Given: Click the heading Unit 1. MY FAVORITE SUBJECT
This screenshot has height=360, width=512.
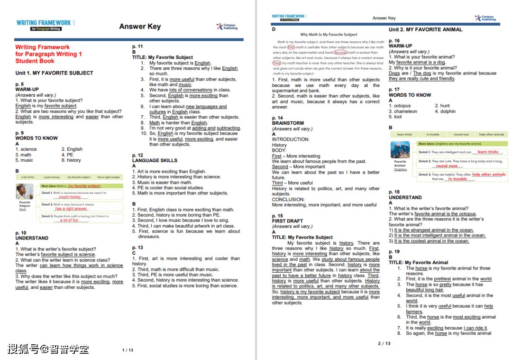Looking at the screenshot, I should tap(54, 73).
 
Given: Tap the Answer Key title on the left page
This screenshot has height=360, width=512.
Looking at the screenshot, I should tap(140, 27).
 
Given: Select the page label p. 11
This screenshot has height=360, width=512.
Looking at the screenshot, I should tap(137, 46).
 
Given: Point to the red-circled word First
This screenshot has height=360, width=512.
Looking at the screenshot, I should tap(291, 47).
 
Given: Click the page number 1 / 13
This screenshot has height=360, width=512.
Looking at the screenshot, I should tap(128, 350).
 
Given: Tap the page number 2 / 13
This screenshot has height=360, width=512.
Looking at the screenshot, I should tap(384, 343).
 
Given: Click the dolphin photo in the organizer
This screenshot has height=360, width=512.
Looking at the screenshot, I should tap(401, 150).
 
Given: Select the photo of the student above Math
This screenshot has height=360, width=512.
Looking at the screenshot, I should tap(25, 192).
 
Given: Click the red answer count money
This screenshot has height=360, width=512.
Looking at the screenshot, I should tap(70, 197).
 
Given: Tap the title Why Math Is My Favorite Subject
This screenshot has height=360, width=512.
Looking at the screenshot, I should tap(329, 35).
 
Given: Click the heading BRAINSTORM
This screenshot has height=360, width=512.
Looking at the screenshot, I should tap(288, 123).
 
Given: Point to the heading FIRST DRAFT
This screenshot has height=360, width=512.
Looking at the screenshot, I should tap(287, 221).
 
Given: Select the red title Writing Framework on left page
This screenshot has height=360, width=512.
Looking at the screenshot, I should tap(42, 47).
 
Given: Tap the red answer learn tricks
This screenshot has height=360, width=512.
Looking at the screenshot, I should tap(488, 152).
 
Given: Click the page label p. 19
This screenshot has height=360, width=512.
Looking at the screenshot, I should tap(394, 251).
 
